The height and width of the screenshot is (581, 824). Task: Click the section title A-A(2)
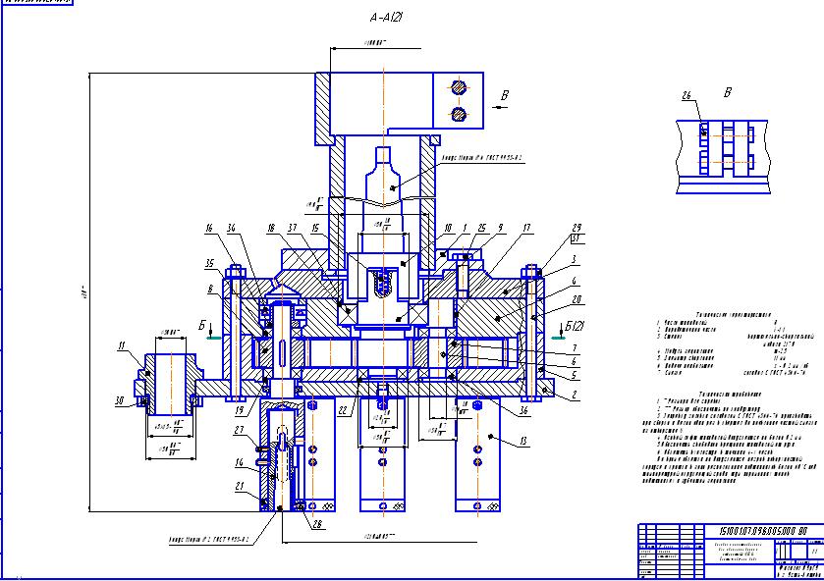click(390, 18)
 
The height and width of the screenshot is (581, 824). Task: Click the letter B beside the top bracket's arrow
click(505, 95)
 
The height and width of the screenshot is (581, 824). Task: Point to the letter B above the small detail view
click(727, 93)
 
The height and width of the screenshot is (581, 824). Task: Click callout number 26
click(687, 94)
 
